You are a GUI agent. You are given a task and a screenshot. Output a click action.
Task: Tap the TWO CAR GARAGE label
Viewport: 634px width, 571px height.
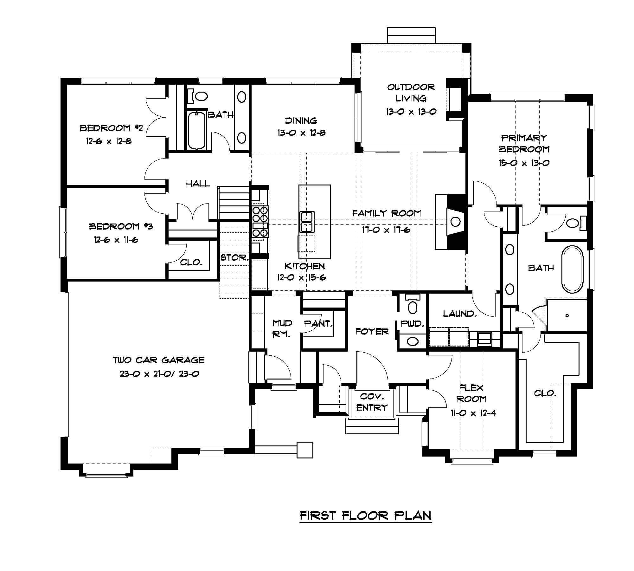tap(159, 360)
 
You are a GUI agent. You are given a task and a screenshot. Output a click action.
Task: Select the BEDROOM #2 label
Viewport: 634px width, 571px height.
tap(111, 128)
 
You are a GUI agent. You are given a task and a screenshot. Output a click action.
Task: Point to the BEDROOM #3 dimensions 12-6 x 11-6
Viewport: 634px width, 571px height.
tap(116, 240)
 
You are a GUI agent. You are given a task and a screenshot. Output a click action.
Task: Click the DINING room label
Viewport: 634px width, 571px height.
tap(301, 120)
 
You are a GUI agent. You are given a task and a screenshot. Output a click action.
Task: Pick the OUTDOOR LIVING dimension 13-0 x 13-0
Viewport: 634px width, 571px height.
tap(411, 112)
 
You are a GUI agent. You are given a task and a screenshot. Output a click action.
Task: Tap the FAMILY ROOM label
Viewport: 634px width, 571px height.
tap(387, 213)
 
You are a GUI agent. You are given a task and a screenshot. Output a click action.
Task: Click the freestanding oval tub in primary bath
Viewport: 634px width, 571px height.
tap(572, 269)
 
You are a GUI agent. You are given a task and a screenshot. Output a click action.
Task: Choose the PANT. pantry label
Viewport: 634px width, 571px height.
tap(318, 324)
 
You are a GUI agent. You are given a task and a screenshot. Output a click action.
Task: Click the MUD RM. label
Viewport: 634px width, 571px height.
tap(282, 328)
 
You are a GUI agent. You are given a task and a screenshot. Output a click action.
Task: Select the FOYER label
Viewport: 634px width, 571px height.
tap(372, 332)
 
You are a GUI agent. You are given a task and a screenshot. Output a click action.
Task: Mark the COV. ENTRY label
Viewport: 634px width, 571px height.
tap(372, 402)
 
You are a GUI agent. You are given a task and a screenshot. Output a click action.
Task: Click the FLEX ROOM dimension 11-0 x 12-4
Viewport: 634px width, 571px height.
tap(473, 413)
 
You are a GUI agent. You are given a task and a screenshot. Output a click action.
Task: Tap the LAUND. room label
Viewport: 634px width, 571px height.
tap(460, 314)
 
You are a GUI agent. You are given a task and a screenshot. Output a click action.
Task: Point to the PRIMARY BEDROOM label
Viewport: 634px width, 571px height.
tap(524, 143)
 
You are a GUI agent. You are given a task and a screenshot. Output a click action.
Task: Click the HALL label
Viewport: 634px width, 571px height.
tap(198, 184)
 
